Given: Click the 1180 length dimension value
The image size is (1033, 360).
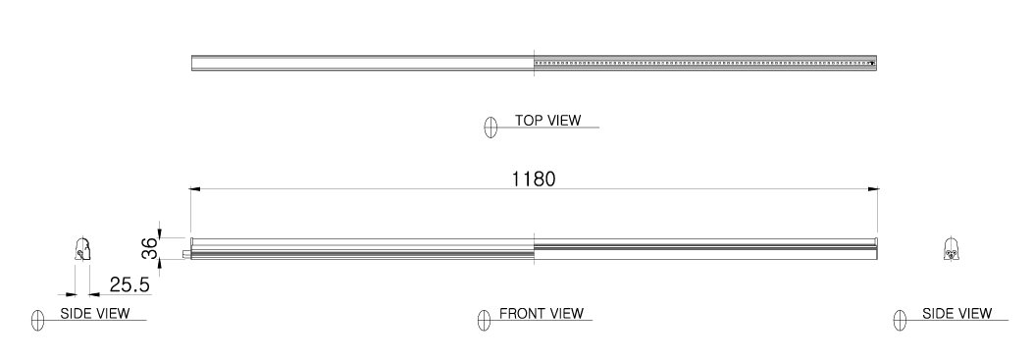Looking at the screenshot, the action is pyautogui.click(x=534, y=179).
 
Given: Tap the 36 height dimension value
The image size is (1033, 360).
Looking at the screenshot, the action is pyautogui.click(x=150, y=248).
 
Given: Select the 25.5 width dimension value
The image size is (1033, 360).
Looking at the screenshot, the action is pyautogui.click(x=129, y=284).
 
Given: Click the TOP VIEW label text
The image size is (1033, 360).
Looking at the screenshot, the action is pyautogui.click(x=548, y=121).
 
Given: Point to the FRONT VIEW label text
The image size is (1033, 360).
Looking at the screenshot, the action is pyautogui.click(x=542, y=313).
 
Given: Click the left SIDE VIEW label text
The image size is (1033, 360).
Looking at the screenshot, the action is pyautogui.click(x=95, y=313).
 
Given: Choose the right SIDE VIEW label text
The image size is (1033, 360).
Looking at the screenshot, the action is pyautogui.click(x=956, y=313).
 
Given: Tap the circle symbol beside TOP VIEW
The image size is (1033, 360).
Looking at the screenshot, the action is pyautogui.click(x=491, y=127).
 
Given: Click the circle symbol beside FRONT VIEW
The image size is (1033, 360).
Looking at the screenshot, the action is pyautogui.click(x=485, y=320).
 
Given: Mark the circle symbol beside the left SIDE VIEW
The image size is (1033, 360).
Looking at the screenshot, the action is pyautogui.click(x=37, y=320).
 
